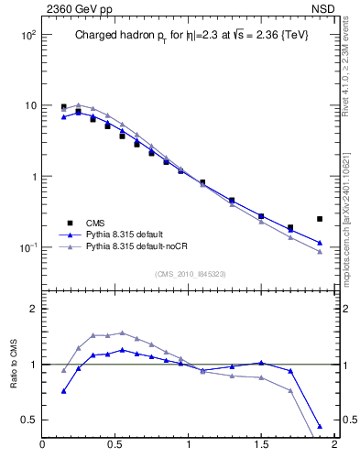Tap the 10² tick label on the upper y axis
point(27,35)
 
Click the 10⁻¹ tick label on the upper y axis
point(27,248)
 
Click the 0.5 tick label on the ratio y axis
point(28,420)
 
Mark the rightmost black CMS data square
point(319,219)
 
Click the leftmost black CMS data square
point(63,107)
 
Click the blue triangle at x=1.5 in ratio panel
point(261,363)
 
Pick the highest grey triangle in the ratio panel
point(122,333)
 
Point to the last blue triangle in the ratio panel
point(319,426)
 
